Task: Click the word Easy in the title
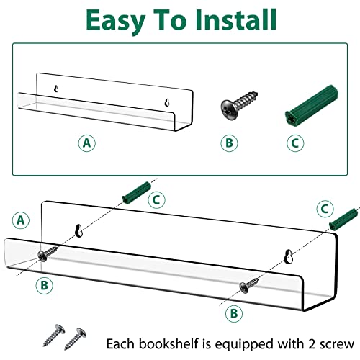tap(115, 22)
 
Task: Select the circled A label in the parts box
tap(87, 143)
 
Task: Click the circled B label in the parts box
tap(229, 143)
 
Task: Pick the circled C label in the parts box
tap(295, 143)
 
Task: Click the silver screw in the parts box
tap(239, 105)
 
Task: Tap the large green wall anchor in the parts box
tap(312, 105)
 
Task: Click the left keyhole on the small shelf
tap(56, 89)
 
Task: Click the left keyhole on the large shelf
tap(79, 230)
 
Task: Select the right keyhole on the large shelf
tap(288, 256)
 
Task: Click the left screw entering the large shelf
tap(48, 254)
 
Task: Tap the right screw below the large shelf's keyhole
tap(249, 285)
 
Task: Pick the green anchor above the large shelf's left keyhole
tap(136, 192)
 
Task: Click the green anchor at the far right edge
tap(344, 220)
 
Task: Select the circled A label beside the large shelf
tap(21, 220)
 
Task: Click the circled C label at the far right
tap(325, 209)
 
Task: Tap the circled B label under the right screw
tap(234, 313)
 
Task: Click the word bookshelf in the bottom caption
tap(169, 343)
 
